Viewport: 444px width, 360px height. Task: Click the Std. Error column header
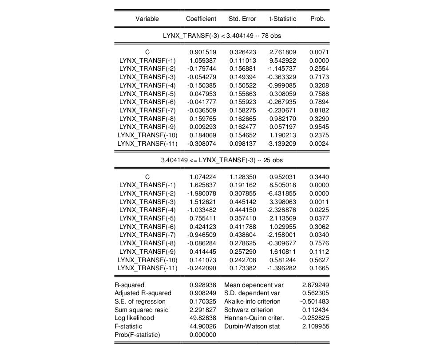(x=242, y=19)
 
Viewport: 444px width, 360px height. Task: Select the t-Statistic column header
(x=282, y=19)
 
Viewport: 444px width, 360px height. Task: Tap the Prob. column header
(x=318, y=19)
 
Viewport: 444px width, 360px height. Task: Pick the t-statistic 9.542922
(x=282, y=60)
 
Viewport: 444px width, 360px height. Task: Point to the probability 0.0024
(x=319, y=144)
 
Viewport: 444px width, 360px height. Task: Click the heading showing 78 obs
(x=222, y=35)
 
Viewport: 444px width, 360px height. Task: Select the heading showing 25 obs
(x=222, y=160)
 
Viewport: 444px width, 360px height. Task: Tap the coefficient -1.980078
(x=202, y=193)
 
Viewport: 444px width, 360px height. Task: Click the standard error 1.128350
(x=242, y=177)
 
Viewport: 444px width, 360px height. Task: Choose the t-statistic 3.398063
(x=282, y=202)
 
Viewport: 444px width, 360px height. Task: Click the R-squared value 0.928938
(x=203, y=285)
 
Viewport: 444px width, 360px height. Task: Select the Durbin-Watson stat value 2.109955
(x=315, y=326)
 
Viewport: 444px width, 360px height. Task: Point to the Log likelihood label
(x=134, y=318)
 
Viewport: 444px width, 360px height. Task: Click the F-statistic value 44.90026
(x=203, y=326)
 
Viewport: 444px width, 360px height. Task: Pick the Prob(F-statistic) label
(x=137, y=335)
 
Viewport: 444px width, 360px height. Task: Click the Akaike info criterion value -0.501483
(x=314, y=301)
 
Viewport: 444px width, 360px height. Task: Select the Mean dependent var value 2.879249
(x=315, y=285)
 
